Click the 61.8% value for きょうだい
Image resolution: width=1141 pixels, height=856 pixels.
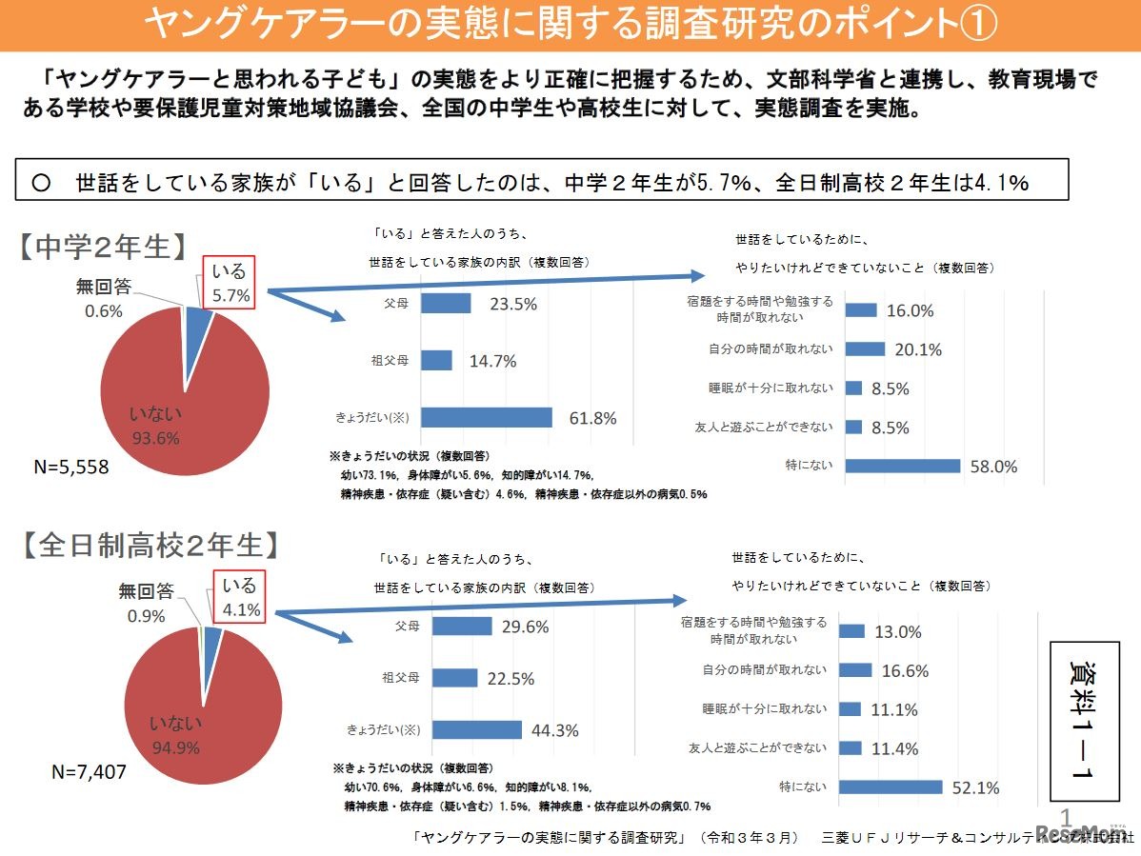pyautogui.click(x=591, y=418)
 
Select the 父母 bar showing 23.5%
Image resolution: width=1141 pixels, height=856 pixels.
pyautogui.click(x=446, y=304)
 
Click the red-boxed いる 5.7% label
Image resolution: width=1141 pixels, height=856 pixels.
pyautogui.click(x=230, y=283)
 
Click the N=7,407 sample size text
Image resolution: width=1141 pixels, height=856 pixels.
pyautogui.click(x=89, y=772)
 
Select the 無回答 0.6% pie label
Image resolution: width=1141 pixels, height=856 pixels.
pyautogui.click(x=104, y=297)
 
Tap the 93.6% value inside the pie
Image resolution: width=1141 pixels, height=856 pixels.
pyautogui.click(x=156, y=438)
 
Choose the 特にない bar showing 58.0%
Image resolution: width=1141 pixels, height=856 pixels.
pyautogui.click(x=902, y=466)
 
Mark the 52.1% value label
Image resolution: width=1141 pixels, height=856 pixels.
pyautogui.click(x=974, y=787)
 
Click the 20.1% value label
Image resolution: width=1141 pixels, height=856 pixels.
pyautogui.click(x=918, y=349)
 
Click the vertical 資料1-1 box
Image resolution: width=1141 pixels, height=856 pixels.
pyautogui.click(x=1083, y=722)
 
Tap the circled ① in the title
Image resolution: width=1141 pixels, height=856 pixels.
pyautogui.click(x=973, y=25)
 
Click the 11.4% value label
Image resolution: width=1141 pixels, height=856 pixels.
pyautogui.click(x=895, y=748)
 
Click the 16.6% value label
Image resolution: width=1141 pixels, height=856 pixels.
pyautogui.click(x=905, y=670)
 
